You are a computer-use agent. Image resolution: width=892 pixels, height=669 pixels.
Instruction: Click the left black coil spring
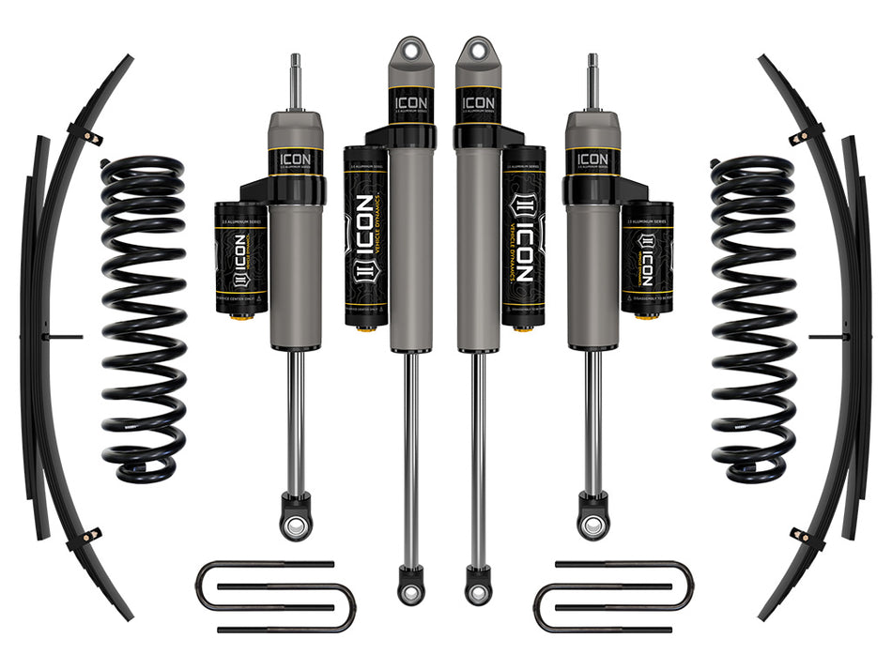[143, 319]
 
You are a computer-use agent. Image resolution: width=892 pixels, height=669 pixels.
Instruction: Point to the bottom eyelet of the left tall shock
[410, 588]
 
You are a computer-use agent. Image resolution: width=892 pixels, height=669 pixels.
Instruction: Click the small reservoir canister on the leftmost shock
[241, 258]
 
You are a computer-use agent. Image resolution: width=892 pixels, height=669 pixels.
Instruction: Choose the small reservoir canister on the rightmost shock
[646, 258]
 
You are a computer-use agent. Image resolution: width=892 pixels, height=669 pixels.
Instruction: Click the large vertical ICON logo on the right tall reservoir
[522, 239]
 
